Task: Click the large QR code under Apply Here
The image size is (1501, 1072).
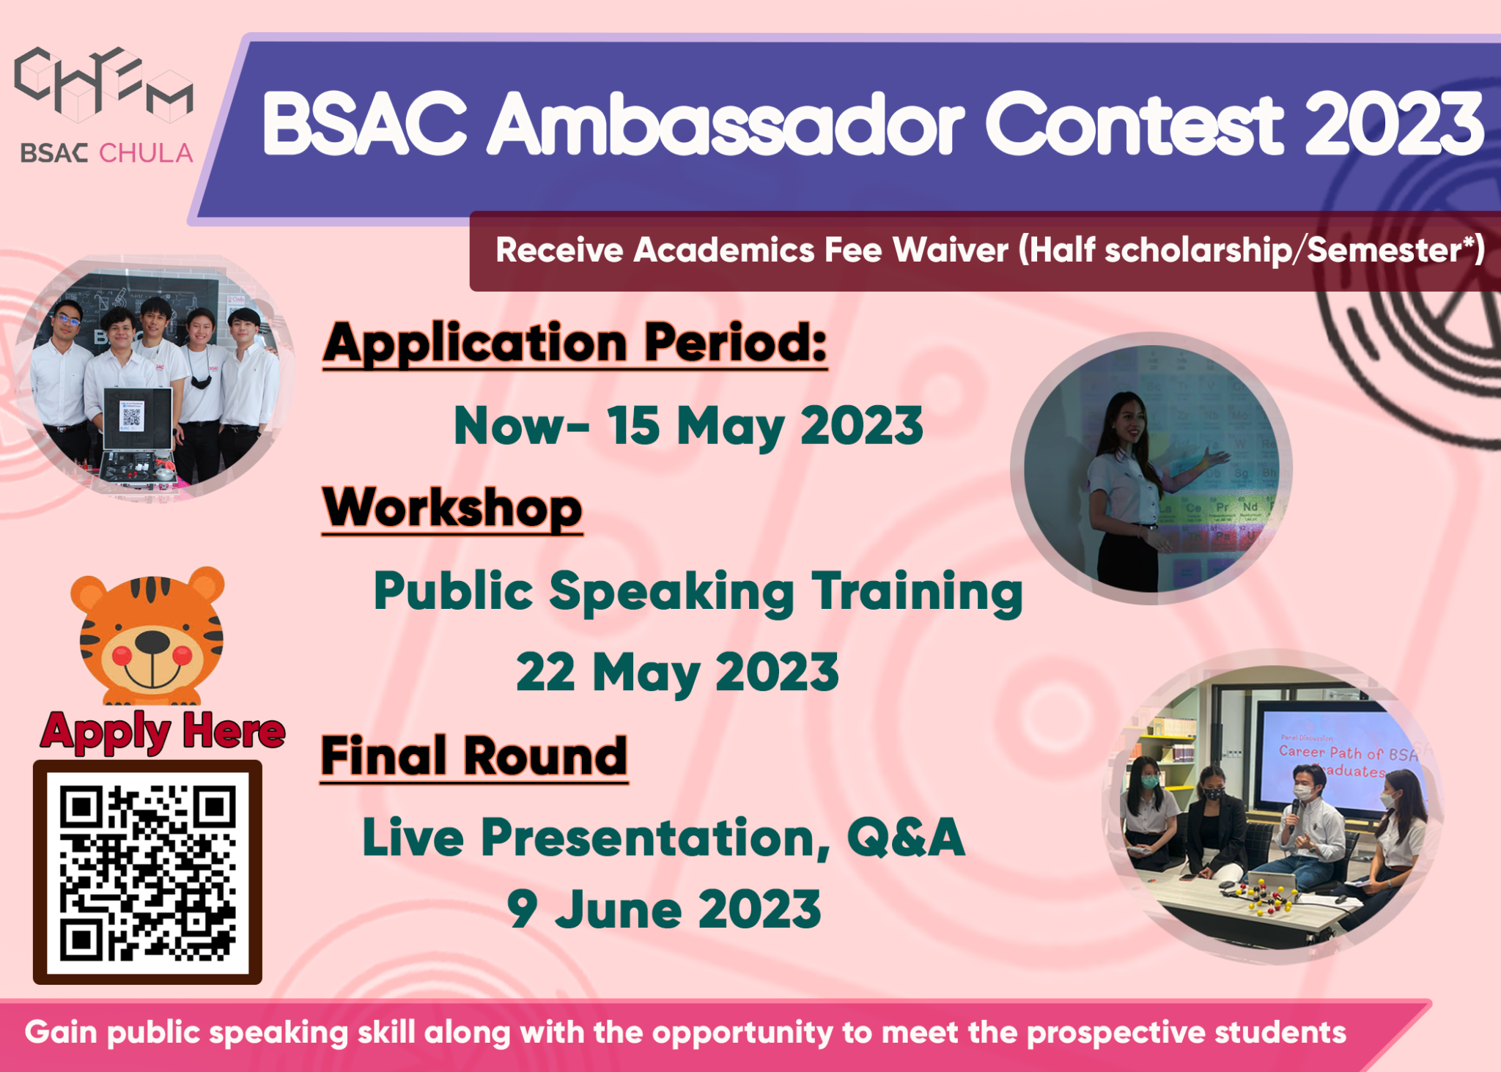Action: [x=147, y=872]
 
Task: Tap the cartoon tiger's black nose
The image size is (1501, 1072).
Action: [x=152, y=642]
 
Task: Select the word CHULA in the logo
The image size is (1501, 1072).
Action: [x=146, y=154]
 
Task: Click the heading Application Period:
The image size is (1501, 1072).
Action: [x=575, y=343]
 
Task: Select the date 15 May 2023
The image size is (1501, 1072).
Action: [x=764, y=426]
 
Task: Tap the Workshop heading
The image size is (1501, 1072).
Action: [x=452, y=508]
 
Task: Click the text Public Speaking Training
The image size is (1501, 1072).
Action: [x=698, y=592]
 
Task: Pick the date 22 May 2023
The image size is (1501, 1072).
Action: [x=677, y=673]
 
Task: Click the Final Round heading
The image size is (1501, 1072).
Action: [x=474, y=756]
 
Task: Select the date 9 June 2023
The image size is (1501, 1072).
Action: [x=664, y=909]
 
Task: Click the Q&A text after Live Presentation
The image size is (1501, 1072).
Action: [x=906, y=837]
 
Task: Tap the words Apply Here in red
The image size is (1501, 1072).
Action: [x=163, y=731]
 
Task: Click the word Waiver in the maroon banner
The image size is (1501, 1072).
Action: [x=950, y=251]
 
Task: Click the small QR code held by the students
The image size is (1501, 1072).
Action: [x=131, y=418]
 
